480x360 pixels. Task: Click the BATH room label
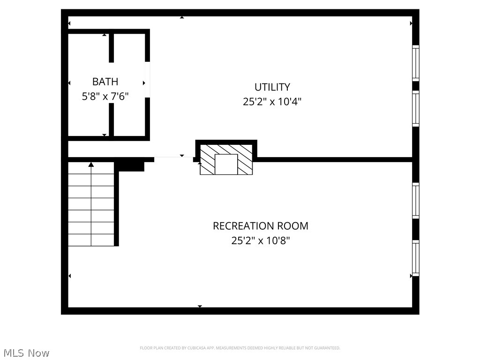click(105, 82)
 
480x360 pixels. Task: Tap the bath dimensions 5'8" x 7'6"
click(105, 97)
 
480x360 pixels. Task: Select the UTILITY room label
click(272, 87)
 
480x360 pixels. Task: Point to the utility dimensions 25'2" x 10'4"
click(272, 102)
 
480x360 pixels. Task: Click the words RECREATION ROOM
click(261, 226)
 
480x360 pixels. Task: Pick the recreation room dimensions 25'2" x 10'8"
click(261, 241)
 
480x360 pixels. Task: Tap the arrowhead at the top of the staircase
click(91, 164)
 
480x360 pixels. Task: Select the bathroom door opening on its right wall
click(147, 80)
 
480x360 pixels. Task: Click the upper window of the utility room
click(415, 62)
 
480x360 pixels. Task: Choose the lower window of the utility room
click(415, 109)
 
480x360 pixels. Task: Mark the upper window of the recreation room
click(415, 200)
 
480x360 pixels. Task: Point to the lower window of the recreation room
click(415, 257)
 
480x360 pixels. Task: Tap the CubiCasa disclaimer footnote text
click(240, 348)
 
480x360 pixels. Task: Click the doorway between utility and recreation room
click(173, 158)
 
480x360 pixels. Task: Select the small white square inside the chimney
click(226, 164)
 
